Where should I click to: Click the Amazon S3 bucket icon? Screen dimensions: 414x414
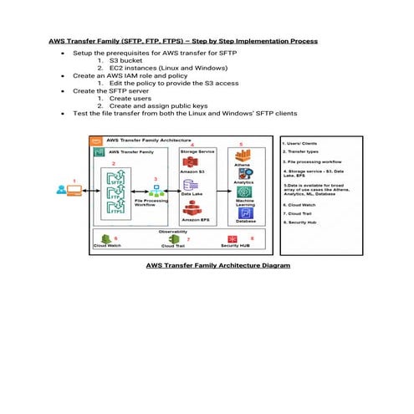[x=190, y=161]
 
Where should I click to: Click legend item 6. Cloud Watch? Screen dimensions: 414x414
[x=300, y=204]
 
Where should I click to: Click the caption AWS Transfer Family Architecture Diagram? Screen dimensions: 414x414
[x=218, y=265]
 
